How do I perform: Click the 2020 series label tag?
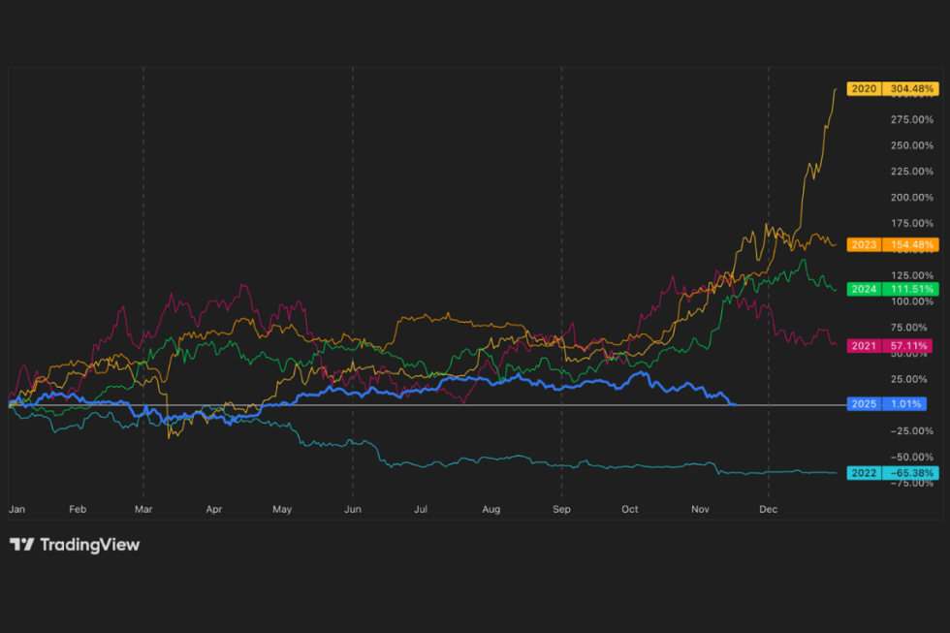click(x=863, y=89)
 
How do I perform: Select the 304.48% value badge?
click(x=909, y=89)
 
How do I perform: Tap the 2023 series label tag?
click(x=863, y=244)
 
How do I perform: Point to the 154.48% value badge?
click(x=909, y=244)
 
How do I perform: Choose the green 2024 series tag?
click(x=863, y=289)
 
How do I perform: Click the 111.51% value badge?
click(x=909, y=289)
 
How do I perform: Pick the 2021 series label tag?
click(x=863, y=346)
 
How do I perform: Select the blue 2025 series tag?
click(x=863, y=403)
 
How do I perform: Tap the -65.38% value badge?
click(x=909, y=473)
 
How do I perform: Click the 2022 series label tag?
click(x=863, y=473)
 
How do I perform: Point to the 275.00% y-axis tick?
click(x=910, y=119)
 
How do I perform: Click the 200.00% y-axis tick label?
click(x=910, y=197)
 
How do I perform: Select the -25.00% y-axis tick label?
click(x=910, y=430)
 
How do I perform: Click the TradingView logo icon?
click(x=22, y=545)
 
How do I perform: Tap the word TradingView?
click(x=89, y=545)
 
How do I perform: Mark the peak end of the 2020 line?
click(x=836, y=89)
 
